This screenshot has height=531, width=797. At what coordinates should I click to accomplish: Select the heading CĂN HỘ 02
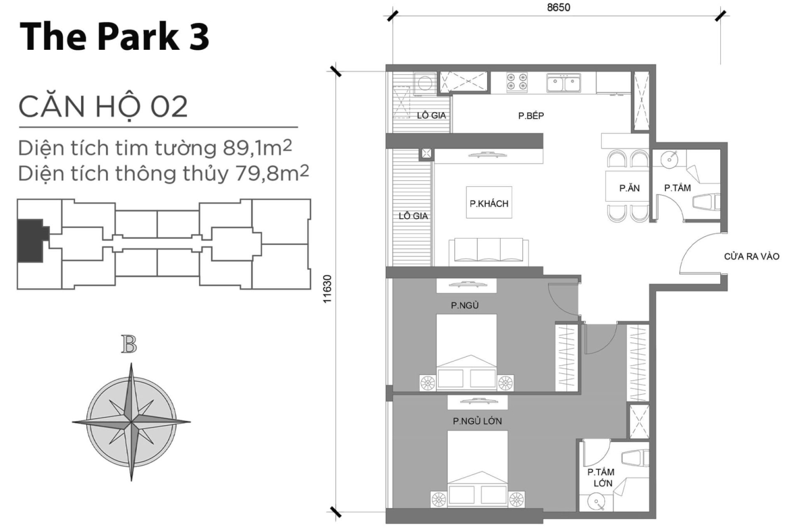[x=103, y=107]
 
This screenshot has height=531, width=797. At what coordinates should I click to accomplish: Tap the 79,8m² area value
[x=272, y=173]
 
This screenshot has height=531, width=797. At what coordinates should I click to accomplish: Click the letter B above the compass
[x=129, y=344]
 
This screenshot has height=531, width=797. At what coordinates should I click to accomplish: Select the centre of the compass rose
[x=131, y=422]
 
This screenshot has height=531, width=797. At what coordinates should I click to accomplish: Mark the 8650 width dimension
[x=558, y=7]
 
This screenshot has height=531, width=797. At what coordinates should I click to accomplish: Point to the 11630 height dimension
[x=327, y=289]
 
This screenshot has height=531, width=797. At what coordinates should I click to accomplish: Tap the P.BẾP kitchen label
[x=531, y=116]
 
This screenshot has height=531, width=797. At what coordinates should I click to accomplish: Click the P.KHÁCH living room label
[x=489, y=204]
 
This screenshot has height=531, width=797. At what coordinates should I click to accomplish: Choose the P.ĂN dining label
[x=629, y=188]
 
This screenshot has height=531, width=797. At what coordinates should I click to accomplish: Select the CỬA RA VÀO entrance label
[x=751, y=256]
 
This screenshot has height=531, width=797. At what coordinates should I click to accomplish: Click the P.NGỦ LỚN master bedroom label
[x=477, y=421]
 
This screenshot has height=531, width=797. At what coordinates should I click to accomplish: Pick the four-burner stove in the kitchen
[x=517, y=81]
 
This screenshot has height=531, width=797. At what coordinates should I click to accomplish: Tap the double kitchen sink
[x=563, y=82]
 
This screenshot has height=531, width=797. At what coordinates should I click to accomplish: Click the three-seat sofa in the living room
[x=488, y=251]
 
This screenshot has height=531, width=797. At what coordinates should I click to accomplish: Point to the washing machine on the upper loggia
[x=424, y=83]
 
